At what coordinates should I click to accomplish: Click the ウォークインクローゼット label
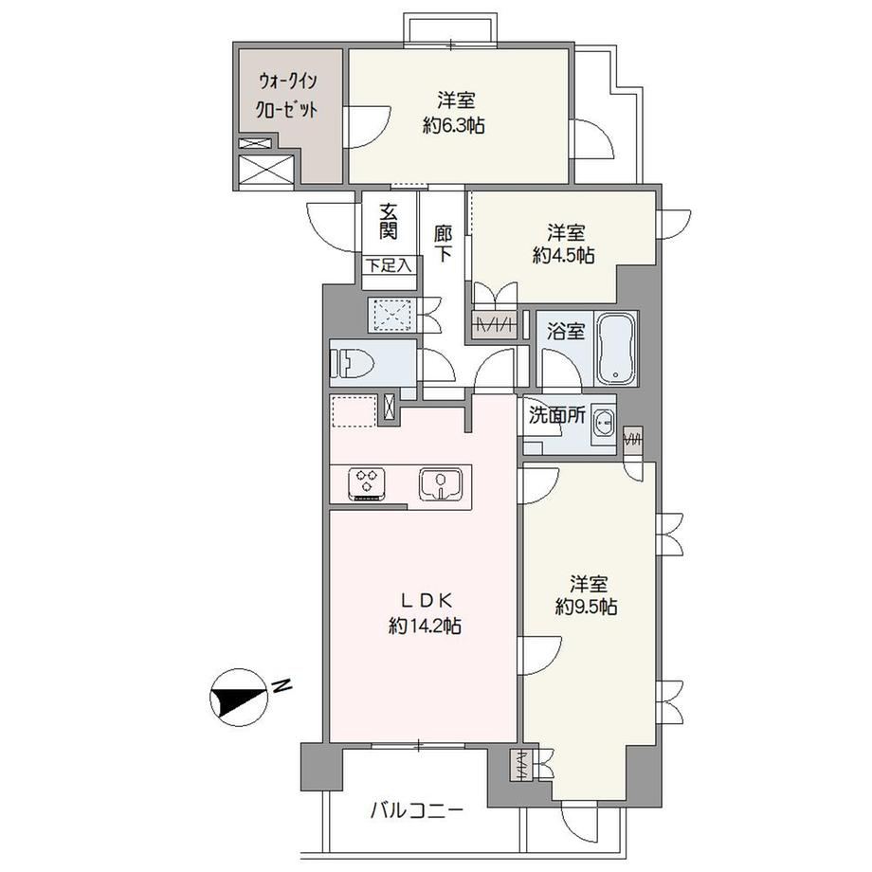coord(286,95)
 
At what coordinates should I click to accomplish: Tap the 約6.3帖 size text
coord(454,126)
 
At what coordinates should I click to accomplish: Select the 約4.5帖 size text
coord(564,255)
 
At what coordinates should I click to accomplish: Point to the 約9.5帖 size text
coord(586,607)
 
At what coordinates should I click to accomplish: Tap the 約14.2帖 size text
coord(425,627)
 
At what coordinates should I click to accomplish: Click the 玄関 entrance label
coord(389,221)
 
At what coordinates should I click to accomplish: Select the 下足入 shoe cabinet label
coord(389,265)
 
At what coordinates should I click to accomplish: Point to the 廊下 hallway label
coord(444,243)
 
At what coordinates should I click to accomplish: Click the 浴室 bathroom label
coord(565,332)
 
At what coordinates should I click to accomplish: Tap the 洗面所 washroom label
coord(556,415)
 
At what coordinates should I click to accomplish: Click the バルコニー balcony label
coord(416,811)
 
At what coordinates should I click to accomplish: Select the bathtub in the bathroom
coord(616,348)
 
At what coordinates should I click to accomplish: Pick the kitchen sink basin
coord(441,483)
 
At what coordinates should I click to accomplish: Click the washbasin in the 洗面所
coord(604,426)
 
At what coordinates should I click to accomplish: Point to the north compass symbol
coord(237,697)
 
